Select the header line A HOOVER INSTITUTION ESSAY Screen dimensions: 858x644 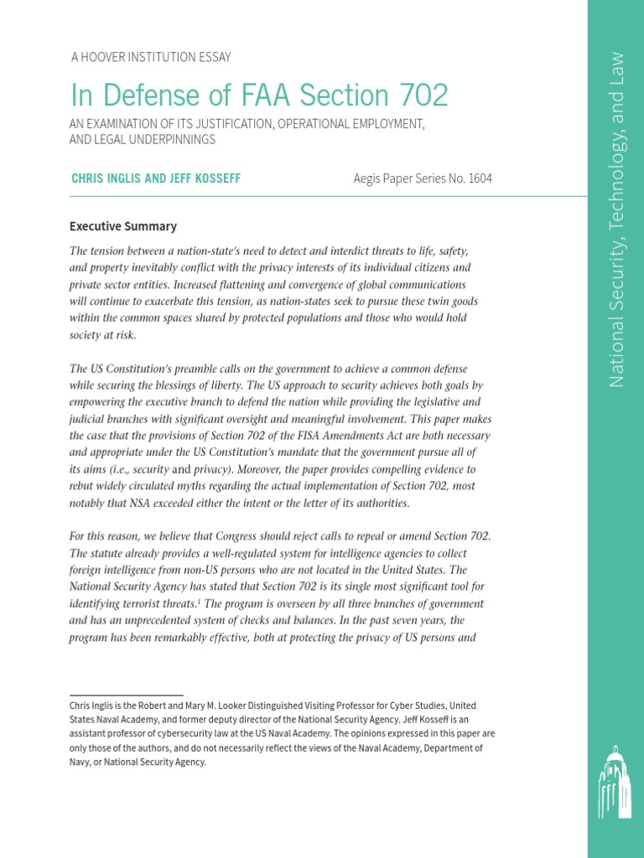click(x=151, y=57)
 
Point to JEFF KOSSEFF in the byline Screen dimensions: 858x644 click(x=205, y=178)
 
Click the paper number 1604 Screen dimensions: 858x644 click(x=479, y=178)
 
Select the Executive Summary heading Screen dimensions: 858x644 click(x=122, y=226)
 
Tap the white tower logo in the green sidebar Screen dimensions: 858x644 click(x=615, y=783)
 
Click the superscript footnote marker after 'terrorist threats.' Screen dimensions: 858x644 click(x=197, y=601)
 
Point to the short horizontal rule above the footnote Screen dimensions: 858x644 click(x=126, y=695)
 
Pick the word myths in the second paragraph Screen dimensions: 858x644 click(x=210, y=486)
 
